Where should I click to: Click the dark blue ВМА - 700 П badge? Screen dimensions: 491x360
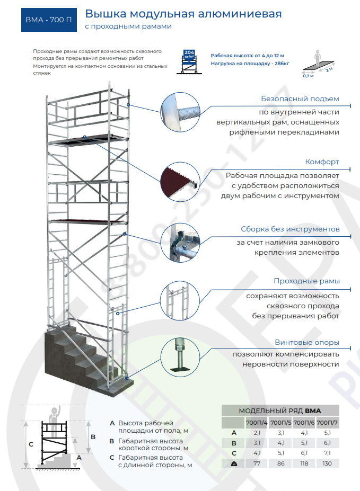pos(48,20)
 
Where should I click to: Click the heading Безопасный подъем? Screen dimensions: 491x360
pos(300,99)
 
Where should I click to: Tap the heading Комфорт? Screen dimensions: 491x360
pos(322,162)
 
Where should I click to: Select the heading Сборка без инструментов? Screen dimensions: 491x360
pos(290,229)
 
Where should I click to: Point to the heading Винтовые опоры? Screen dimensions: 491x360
pos(308,343)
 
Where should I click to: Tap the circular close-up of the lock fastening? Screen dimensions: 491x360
pos(180,243)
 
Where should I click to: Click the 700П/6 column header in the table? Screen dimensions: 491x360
pos(304,423)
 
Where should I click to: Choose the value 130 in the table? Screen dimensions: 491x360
pos(327,463)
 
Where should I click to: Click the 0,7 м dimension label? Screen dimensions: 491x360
pos(308,76)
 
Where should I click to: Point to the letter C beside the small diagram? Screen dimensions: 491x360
pos(31,444)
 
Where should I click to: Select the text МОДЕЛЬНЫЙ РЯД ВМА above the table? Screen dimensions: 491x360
pos(280,410)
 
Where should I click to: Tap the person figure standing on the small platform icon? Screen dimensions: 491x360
pos(318,57)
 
